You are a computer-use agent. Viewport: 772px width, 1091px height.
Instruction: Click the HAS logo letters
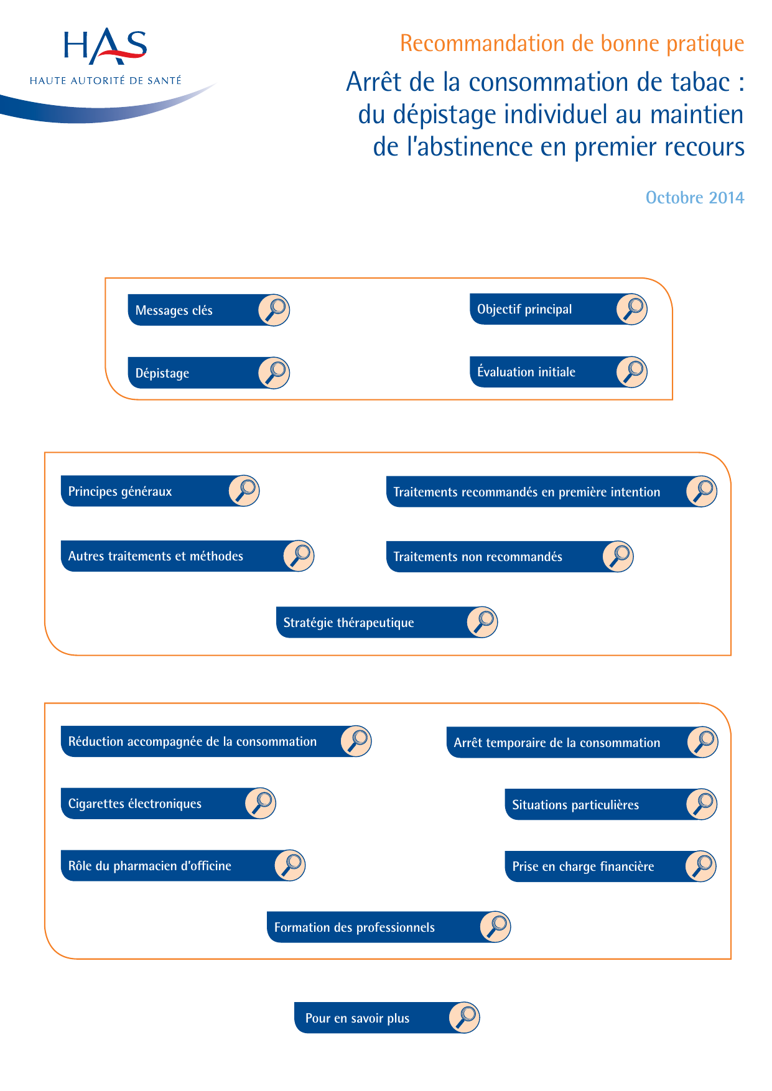pyautogui.click(x=105, y=46)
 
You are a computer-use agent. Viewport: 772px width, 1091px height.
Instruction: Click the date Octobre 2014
pyautogui.click(x=695, y=198)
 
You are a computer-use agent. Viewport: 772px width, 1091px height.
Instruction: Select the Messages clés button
pyautogui.click(x=209, y=310)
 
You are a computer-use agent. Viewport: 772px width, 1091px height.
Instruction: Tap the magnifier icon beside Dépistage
pyautogui.click(x=274, y=373)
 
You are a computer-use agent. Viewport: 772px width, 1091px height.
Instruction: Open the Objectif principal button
pyautogui.click(x=559, y=309)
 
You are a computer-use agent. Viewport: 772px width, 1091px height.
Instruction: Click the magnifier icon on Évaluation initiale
pyautogui.click(x=632, y=372)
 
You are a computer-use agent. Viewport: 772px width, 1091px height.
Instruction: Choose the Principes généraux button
pyautogui.click(x=160, y=491)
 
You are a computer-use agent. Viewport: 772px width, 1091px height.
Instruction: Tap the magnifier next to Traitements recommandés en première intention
pyautogui.click(x=702, y=492)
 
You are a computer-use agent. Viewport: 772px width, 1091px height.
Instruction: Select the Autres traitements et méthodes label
pyautogui.click(x=156, y=556)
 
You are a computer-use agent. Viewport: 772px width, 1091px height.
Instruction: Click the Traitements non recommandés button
pyautogui.click(x=510, y=557)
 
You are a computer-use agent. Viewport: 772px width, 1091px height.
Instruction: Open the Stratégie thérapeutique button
pyautogui.click(x=387, y=623)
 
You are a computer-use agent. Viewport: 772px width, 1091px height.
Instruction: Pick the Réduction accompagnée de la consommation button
pyautogui.click(x=216, y=741)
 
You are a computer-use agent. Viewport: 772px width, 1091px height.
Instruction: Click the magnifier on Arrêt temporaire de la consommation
pyautogui.click(x=703, y=743)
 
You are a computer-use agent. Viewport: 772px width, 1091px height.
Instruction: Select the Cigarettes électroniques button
pyautogui.click(x=169, y=804)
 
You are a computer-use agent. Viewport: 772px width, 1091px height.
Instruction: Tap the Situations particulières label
pyautogui.click(x=575, y=805)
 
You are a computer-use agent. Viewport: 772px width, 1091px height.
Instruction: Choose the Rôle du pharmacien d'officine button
pyautogui.click(x=184, y=866)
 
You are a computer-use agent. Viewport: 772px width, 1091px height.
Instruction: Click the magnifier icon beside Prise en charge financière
pyautogui.click(x=701, y=866)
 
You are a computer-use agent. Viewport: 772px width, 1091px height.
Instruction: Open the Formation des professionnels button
pyautogui.click(x=389, y=927)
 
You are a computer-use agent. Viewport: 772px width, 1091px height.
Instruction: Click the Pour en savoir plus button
pyautogui.click(x=387, y=1018)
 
